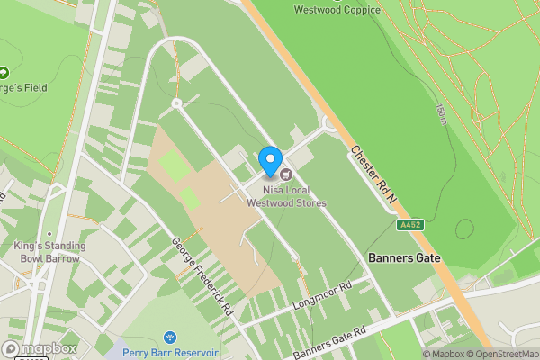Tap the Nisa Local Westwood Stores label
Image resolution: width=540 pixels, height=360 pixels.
pyautogui.click(x=286, y=196)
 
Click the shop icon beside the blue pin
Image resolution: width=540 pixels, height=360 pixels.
pyautogui.click(x=286, y=174)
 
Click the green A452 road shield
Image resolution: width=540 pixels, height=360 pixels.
pyautogui.click(x=410, y=225)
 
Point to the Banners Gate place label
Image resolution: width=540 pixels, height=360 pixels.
pyautogui.click(x=404, y=258)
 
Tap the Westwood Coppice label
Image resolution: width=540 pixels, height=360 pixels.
pyautogui.click(x=337, y=10)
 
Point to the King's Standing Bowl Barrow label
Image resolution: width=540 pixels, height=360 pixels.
pyautogui.click(x=49, y=252)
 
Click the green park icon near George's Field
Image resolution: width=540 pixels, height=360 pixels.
pyautogui.click(x=3, y=73)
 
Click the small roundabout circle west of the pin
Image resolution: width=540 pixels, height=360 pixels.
pyautogui.click(x=176, y=104)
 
